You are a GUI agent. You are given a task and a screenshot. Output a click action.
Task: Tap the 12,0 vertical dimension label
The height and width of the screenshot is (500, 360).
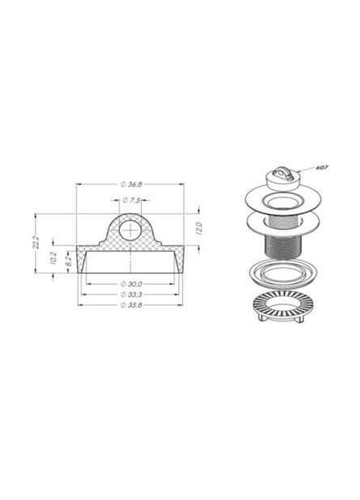coord(198,229)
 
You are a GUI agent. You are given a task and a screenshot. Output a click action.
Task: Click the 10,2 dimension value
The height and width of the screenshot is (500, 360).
coord(53,257)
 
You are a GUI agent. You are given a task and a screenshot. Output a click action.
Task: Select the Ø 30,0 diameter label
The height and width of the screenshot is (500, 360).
coord(131,284)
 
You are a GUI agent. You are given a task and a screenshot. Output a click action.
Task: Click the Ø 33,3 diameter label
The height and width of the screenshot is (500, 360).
coord(131,294)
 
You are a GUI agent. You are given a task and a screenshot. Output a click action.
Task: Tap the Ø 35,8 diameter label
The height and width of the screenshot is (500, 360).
coord(131,305)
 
